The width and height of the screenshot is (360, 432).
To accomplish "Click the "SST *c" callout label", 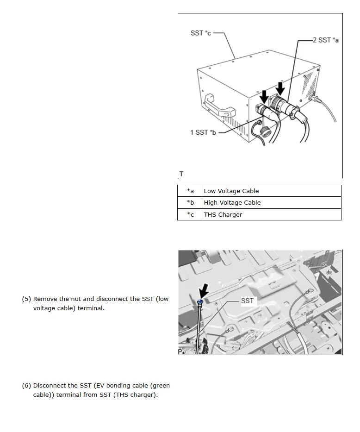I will point(200,33).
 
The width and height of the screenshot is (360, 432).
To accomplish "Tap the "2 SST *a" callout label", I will point(325,40).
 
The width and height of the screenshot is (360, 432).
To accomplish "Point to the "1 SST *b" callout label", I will point(203,132).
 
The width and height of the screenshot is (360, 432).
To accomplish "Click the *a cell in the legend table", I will point(190,191).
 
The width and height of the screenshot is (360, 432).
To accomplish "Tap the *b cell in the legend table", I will point(190,202).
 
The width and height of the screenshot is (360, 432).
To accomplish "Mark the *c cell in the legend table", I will point(190,214).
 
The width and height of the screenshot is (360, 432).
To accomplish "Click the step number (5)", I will point(26,299).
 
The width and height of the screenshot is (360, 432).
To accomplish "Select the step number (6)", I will point(26,386).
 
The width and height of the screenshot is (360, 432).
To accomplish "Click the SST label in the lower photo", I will point(247,301).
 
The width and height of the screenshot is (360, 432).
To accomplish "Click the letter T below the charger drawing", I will point(181,174).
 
